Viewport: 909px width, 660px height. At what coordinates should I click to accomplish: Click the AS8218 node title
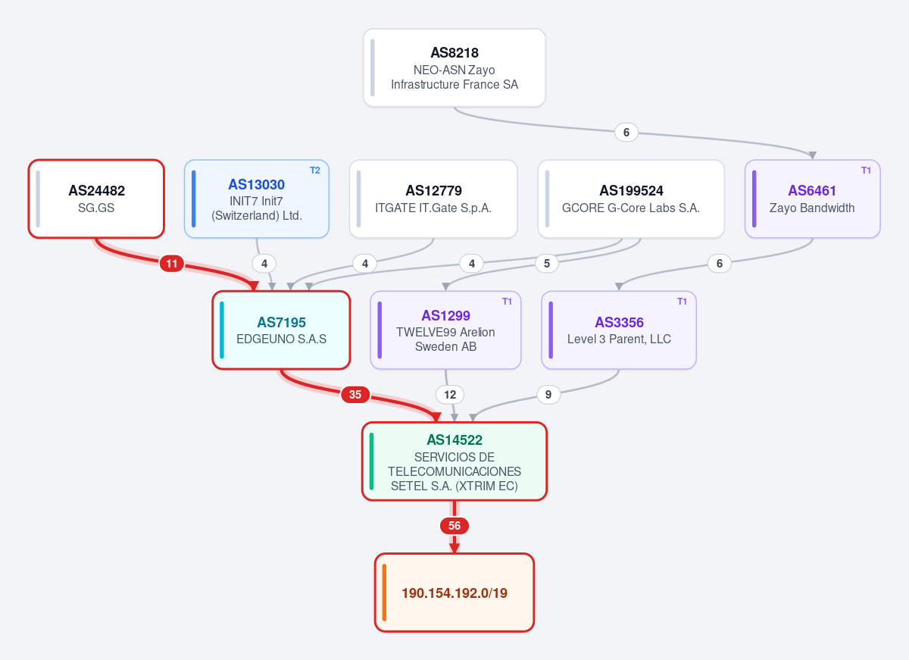(454, 53)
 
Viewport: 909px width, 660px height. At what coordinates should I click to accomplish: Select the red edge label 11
(172, 264)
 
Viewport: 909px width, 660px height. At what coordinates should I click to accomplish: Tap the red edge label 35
(355, 395)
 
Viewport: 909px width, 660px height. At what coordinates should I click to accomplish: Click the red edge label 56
(454, 526)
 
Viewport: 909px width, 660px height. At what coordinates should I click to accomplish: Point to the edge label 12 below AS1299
(450, 395)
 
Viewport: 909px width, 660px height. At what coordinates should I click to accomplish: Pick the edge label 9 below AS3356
(548, 395)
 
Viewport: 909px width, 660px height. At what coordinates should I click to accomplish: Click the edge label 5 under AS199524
(547, 264)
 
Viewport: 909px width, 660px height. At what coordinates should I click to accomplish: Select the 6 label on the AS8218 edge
(626, 133)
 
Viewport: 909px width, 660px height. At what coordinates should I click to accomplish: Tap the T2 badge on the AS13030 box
(315, 170)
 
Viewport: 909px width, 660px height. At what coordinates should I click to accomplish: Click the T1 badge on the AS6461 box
(866, 170)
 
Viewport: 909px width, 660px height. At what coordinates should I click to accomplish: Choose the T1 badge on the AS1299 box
(507, 302)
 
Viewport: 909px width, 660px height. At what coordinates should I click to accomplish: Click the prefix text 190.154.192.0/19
(454, 593)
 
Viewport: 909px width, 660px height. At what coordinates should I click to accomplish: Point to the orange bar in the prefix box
(384, 593)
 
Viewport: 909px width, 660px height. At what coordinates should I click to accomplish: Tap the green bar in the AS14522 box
(371, 461)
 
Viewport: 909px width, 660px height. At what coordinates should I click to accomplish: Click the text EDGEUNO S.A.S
(281, 339)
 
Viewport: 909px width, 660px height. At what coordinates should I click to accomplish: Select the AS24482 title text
(97, 191)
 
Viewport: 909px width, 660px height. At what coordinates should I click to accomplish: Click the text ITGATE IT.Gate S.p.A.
(433, 208)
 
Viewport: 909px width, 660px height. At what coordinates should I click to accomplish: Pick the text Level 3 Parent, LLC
(619, 339)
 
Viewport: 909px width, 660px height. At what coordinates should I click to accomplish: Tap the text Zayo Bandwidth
(812, 208)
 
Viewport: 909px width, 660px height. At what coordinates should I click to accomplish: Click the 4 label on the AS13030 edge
(264, 264)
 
